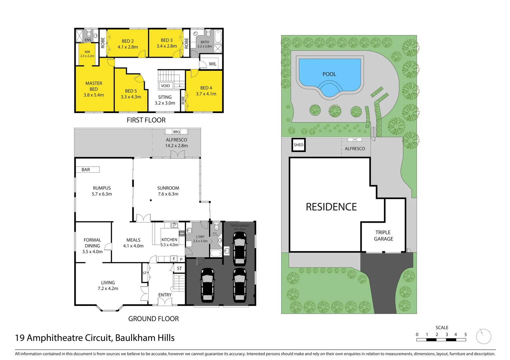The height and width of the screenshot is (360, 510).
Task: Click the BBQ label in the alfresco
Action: click(x=176, y=132)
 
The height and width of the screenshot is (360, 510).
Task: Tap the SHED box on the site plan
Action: click(x=299, y=145)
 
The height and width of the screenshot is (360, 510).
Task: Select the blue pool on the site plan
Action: click(x=330, y=75)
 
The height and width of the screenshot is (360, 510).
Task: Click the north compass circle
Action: click(x=483, y=337)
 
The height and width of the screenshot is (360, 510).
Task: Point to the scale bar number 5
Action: click(x=465, y=334)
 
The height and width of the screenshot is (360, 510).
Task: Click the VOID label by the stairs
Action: click(x=165, y=86)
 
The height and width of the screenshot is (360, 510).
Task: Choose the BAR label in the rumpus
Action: click(x=86, y=170)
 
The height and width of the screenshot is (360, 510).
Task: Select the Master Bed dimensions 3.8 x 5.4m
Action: click(x=94, y=95)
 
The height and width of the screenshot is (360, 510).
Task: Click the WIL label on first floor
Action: click(x=212, y=64)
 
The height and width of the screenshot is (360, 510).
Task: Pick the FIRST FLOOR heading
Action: click(x=146, y=120)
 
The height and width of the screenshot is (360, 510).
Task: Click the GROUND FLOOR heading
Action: click(x=153, y=319)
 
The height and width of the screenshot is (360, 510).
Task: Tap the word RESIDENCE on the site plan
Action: click(x=331, y=207)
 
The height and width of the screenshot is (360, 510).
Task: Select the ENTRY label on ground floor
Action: click(x=165, y=295)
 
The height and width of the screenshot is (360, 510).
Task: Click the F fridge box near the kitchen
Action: click(x=174, y=259)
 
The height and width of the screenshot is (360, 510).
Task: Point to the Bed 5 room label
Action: click(x=131, y=91)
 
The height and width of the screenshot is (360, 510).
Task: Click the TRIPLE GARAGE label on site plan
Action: click(x=383, y=236)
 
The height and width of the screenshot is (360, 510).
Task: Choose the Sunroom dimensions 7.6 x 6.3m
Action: click(x=168, y=194)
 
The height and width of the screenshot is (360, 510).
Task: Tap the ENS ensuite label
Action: click(x=88, y=40)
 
